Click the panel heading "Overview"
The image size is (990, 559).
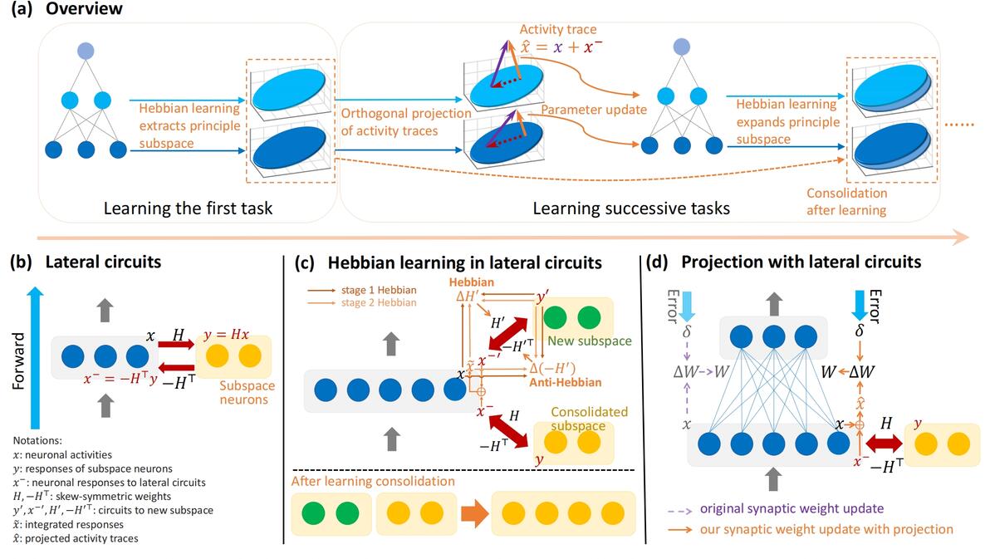[83, 10]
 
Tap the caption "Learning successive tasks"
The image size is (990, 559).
[631, 208]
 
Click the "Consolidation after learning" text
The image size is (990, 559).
[846, 202]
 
